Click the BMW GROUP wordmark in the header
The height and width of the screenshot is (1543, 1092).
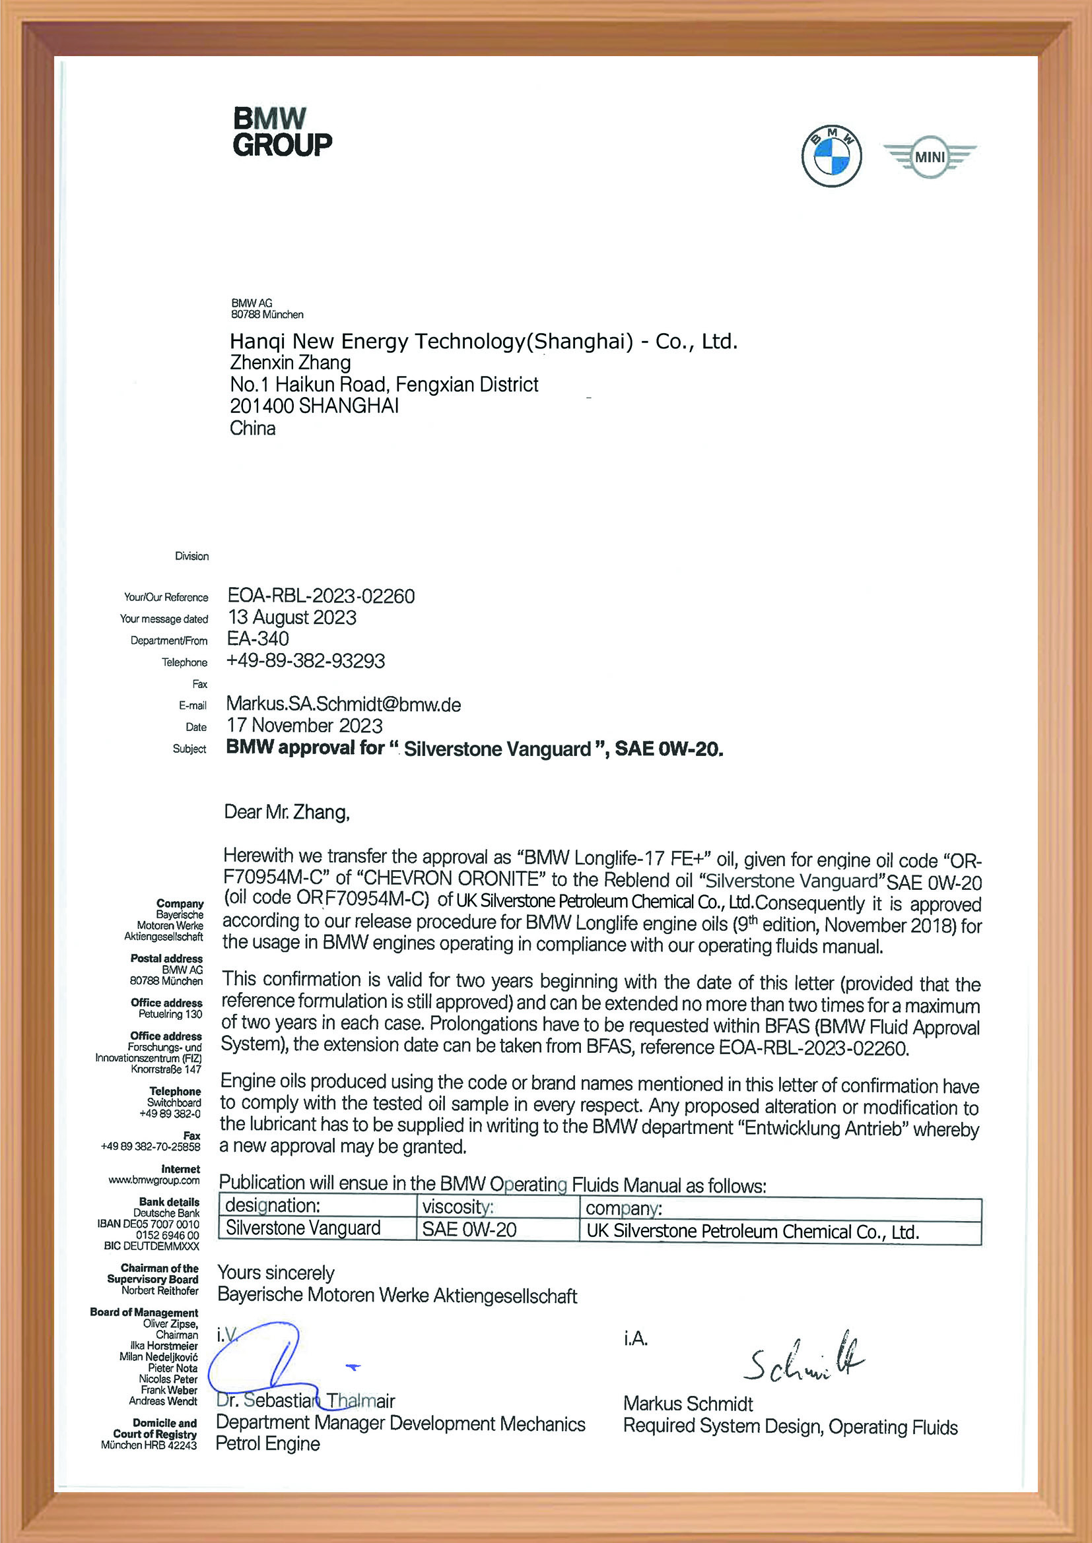(283, 133)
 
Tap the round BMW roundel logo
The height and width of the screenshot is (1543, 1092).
(831, 156)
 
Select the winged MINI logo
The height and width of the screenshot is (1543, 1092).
(930, 156)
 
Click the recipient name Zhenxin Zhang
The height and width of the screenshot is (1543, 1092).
(290, 363)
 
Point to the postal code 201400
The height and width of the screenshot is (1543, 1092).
(261, 406)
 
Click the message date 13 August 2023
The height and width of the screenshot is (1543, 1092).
(292, 617)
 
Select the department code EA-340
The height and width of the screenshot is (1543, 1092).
(258, 639)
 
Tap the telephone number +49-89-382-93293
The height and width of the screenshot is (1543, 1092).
(306, 661)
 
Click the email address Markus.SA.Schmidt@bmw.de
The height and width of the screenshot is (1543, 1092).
(343, 705)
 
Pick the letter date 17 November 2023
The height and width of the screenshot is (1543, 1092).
(304, 726)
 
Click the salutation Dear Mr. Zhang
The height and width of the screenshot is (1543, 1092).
(287, 813)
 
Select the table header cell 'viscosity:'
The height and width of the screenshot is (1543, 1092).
(458, 1225)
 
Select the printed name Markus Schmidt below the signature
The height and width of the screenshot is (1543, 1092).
(688, 1404)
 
